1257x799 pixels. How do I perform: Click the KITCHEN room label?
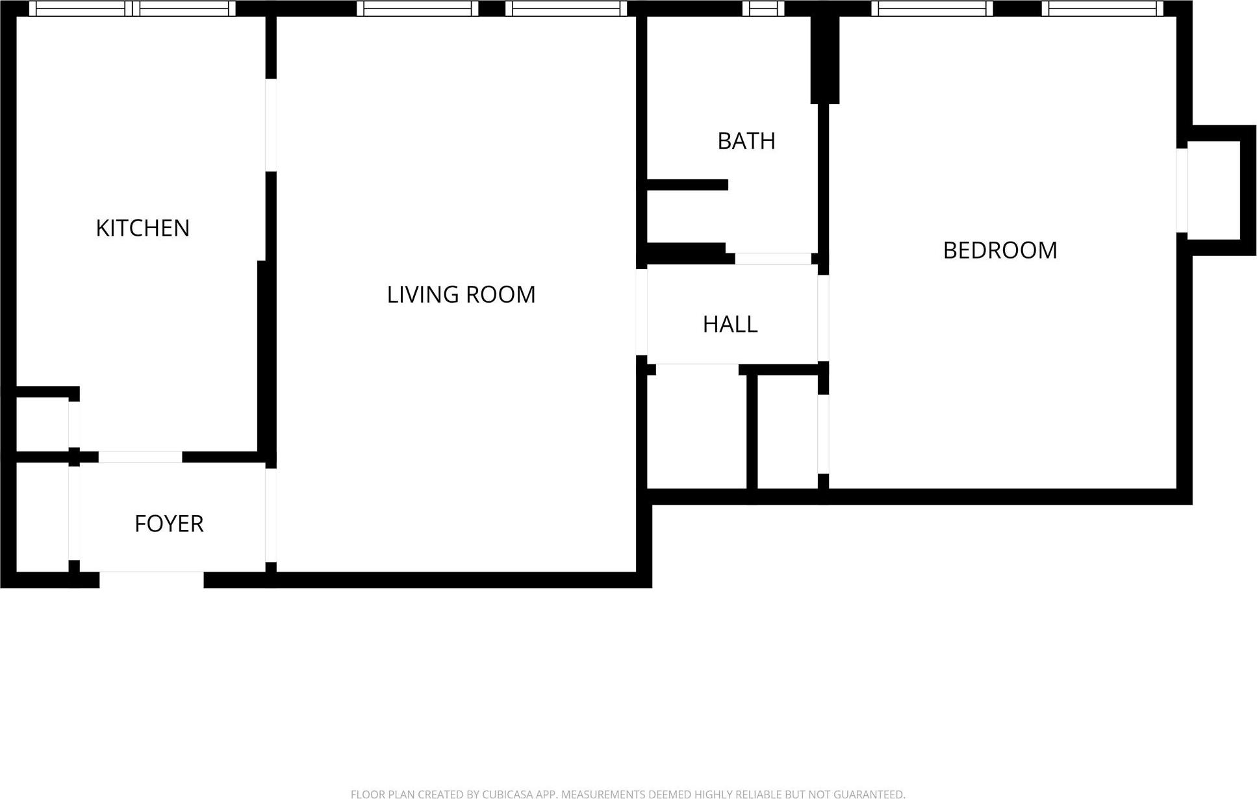[x=142, y=228]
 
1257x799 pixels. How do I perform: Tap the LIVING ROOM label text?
[x=461, y=295]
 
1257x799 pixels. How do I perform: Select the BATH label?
[x=746, y=141]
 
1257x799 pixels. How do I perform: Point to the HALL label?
[x=730, y=324]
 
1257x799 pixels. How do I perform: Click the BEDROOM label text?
[x=1000, y=250]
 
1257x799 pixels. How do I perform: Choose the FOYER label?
[x=169, y=524]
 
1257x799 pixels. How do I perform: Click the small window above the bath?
[x=763, y=8]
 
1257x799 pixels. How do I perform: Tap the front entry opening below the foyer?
[x=151, y=579]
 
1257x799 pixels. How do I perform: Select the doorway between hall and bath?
[x=773, y=259]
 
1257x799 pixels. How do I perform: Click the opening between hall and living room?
[x=641, y=312]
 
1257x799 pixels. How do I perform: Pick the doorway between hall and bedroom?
[x=823, y=318]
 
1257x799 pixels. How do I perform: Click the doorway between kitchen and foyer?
[x=140, y=457]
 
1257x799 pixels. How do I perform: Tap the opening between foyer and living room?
[x=271, y=514]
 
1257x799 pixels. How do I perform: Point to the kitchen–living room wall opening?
[x=271, y=125]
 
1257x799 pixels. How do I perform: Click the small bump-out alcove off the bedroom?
[x=1213, y=190]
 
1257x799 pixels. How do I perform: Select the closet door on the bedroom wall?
[x=823, y=434]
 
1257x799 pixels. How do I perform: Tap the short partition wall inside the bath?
[x=687, y=185]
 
